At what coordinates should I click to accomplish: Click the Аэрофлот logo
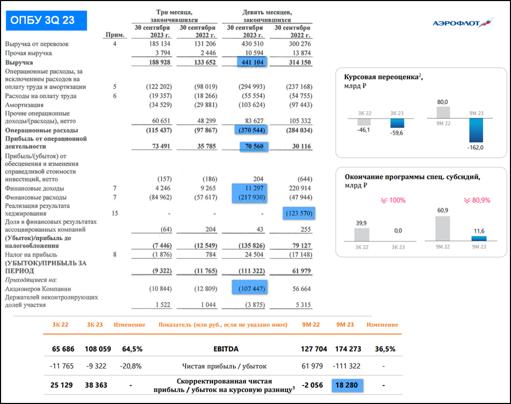click(463, 23)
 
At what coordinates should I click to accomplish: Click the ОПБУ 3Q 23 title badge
click(47, 20)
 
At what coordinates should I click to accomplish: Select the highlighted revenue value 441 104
click(253, 62)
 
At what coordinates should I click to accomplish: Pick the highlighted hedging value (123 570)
click(299, 214)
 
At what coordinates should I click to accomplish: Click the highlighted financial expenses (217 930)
click(249, 198)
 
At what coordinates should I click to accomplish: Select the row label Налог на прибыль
click(30, 255)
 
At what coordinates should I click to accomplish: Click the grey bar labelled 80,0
click(443, 113)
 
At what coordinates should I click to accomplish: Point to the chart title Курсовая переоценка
click(381, 77)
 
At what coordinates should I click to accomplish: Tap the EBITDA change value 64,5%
click(132, 349)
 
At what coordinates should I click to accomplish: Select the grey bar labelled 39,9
click(362, 234)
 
